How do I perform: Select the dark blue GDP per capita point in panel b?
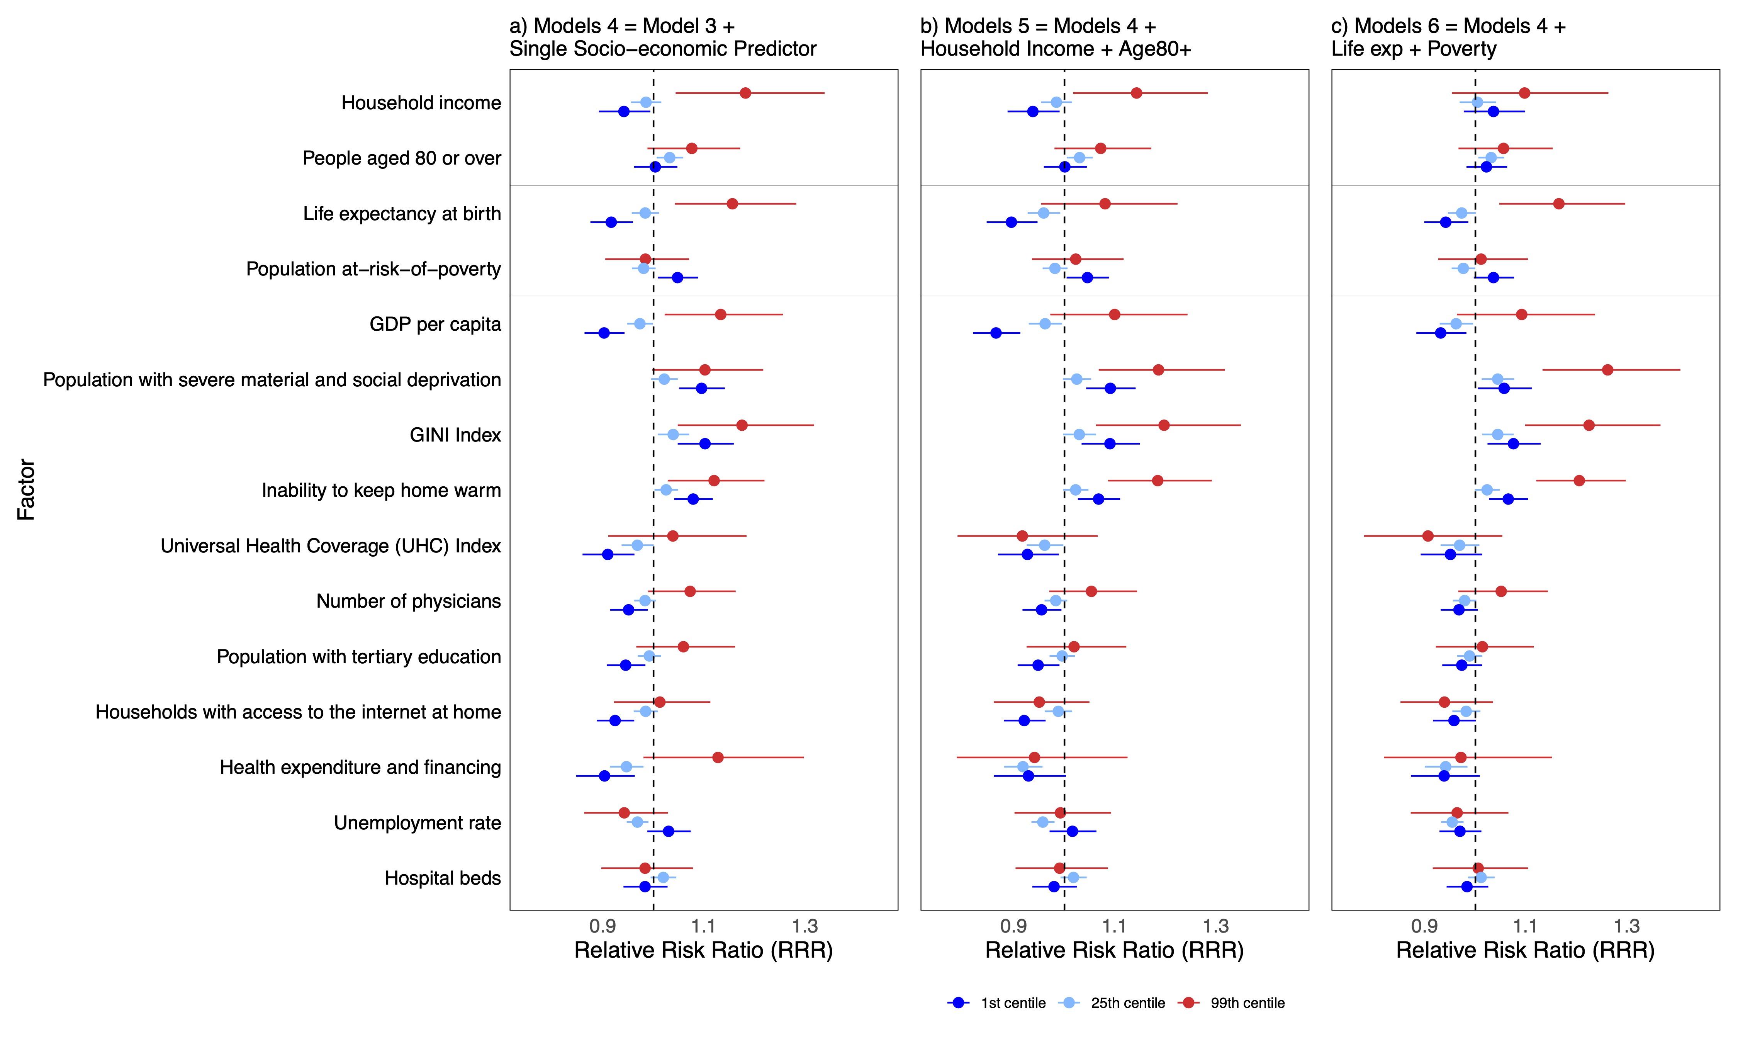pos(995,333)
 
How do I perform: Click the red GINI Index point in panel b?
pos(1164,425)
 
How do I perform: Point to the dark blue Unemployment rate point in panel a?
pos(668,831)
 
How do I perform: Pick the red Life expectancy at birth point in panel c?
pos(1559,204)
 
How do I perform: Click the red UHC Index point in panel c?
pos(1427,536)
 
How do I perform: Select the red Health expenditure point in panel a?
pos(718,758)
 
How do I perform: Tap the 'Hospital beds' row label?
pos(443,878)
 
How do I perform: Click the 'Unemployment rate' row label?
pos(417,823)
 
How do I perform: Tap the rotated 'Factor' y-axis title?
pos(26,490)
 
